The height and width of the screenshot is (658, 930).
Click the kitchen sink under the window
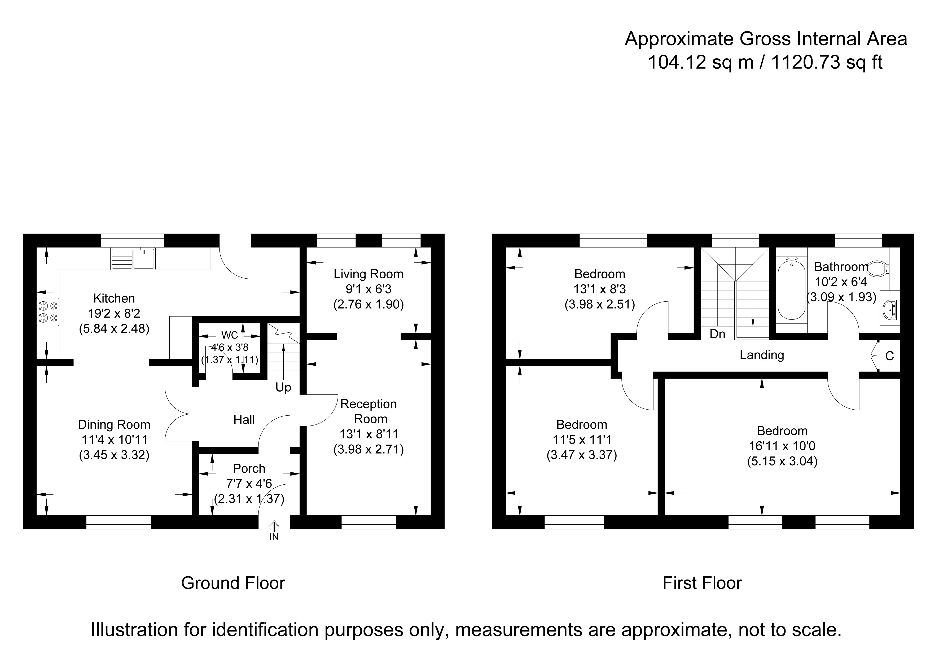pos(133,258)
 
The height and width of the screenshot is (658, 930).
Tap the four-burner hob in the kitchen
pos(48,312)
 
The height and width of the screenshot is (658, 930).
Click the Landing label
pos(762,355)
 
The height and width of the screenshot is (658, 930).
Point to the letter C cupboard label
pos(889,356)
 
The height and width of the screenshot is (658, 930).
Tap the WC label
pos(230,335)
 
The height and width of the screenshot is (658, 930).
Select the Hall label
pos(244,419)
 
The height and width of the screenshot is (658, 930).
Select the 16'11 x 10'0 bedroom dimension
pos(782,446)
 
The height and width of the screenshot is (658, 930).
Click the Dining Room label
pos(114,425)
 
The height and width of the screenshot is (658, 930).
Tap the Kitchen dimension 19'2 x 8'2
pos(114,313)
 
